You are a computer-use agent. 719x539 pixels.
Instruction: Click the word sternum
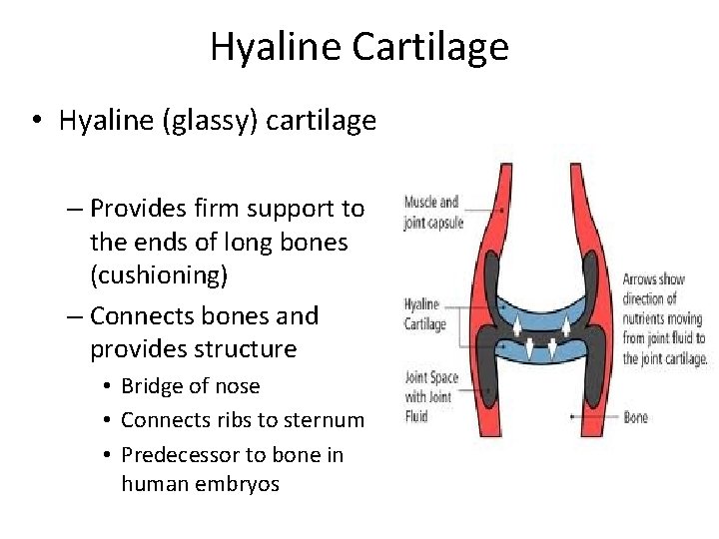pyautogui.click(x=326, y=420)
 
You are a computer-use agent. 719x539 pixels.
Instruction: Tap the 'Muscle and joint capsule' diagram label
pyautogui.click(x=432, y=213)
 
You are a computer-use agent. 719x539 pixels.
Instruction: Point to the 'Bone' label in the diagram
pyautogui.click(x=636, y=416)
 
